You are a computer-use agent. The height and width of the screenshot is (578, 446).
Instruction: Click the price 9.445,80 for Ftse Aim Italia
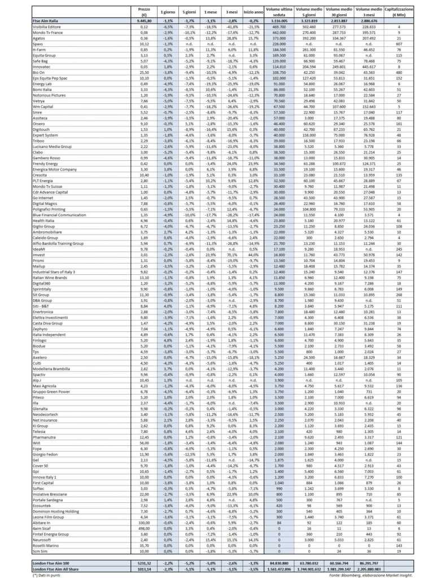(143, 20)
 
